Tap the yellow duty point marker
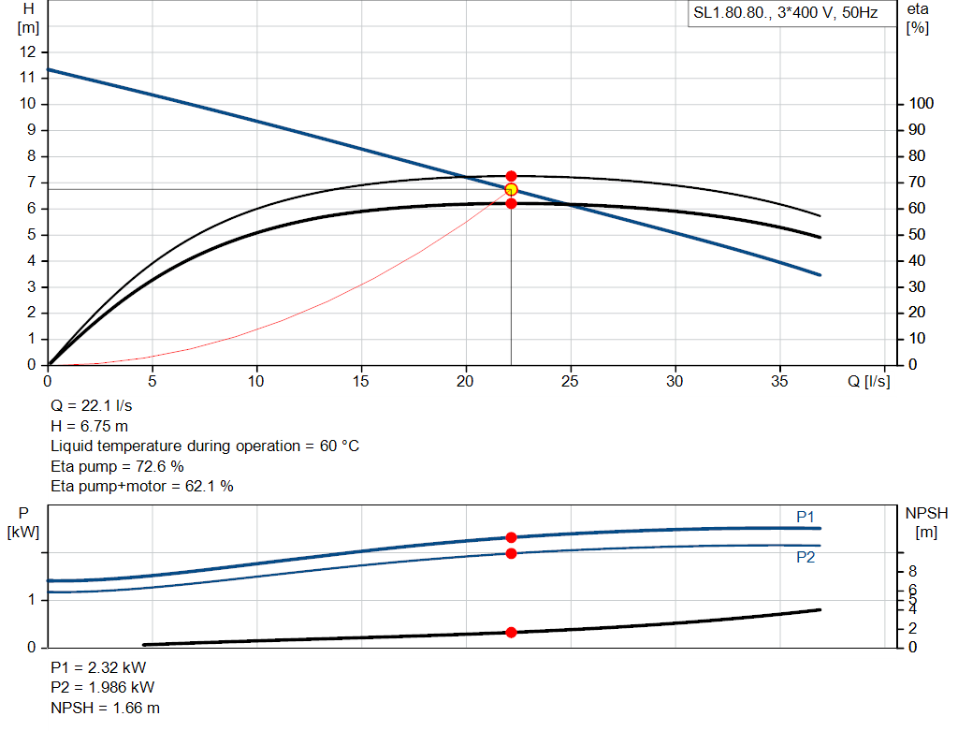coord(511,190)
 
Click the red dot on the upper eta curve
coord(511,176)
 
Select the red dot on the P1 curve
coord(511,537)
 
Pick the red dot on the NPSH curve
coord(511,633)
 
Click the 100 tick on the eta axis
coord(920,103)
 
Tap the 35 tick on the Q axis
coord(779,381)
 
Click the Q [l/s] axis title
coord(869,381)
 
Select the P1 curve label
coord(806,517)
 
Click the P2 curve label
coord(806,557)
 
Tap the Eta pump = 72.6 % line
coord(117,466)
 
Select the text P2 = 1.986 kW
coord(102,688)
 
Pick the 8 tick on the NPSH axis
coord(912,571)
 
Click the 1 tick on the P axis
coord(34,599)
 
